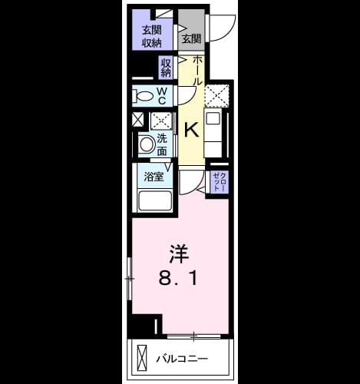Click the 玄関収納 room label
pyautogui.click(x=152, y=37)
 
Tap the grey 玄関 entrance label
pyautogui.click(x=191, y=39)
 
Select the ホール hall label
pyautogui.click(x=197, y=71)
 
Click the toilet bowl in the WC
pyautogui.click(x=144, y=96)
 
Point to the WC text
pyautogui.click(x=162, y=96)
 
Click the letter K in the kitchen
pyautogui.click(x=192, y=130)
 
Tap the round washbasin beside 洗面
pyautogui.click(x=146, y=144)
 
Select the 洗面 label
pyautogui.click(x=162, y=144)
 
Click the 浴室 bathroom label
pyautogui.click(x=154, y=177)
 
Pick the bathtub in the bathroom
pyautogui.click(x=155, y=200)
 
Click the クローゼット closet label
pyautogui.click(x=220, y=181)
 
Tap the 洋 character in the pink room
pyautogui.click(x=179, y=254)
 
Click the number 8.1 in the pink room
pyautogui.click(x=178, y=278)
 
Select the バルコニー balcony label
pyautogui.click(x=182, y=358)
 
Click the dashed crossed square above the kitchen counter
pyautogui.click(x=216, y=95)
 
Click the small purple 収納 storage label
pyautogui.click(x=166, y=68)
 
